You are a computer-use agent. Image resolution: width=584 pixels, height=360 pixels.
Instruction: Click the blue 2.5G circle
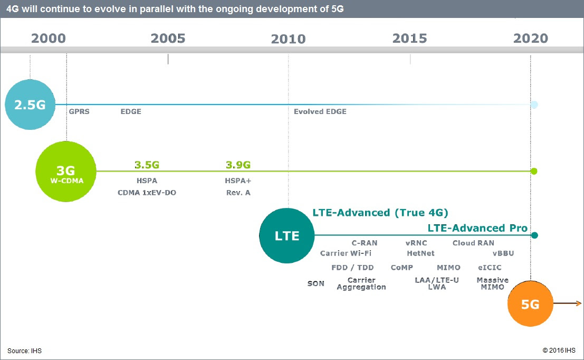point(30,105)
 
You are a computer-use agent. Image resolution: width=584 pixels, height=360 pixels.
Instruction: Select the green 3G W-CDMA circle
point(66,172)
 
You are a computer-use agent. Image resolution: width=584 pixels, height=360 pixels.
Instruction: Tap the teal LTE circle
point(287,235)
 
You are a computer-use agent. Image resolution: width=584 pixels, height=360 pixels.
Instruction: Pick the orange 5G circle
point(530,304)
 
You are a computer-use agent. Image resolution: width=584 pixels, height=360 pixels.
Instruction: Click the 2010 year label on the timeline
point(288,39)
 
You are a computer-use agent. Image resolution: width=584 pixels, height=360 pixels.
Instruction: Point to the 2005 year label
point(168,39)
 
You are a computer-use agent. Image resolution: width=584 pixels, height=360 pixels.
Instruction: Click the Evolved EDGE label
point(320,112)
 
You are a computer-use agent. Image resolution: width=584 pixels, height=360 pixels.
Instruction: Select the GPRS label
point(79,112)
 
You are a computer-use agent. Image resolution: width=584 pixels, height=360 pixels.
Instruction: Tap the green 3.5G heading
point(147,165)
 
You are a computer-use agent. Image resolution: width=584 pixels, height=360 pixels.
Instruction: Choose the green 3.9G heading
point(238,165)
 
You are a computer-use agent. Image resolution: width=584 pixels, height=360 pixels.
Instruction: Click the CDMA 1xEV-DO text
point(147,193)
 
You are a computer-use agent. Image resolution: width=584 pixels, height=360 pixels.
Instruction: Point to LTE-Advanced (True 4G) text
point(380,213)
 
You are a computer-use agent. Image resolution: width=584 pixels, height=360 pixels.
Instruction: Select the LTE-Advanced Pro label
point(477,228)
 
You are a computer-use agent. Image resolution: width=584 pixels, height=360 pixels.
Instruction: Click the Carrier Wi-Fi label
point(346,253)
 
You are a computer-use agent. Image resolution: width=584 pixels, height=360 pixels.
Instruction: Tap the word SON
point(316,283)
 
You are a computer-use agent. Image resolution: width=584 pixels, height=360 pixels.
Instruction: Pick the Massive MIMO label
point(492,283)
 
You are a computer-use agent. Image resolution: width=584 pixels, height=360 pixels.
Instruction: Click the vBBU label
point(503,253)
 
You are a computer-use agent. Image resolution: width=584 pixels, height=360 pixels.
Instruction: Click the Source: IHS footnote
point(24,351)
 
